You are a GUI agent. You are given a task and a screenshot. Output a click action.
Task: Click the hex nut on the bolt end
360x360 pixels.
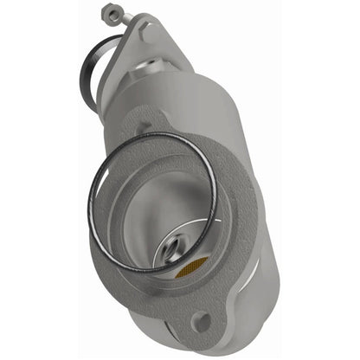click(107, 14)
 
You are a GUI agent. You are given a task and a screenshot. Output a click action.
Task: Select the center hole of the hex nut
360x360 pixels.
click(107, 13)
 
